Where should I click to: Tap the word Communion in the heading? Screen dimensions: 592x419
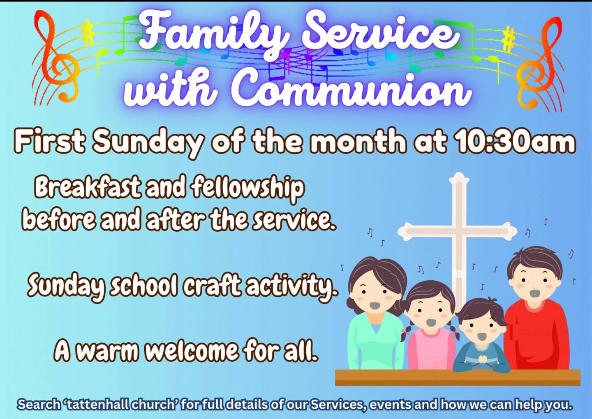pos(351,91)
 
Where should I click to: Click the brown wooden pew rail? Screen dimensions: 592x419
pos(457,378)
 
